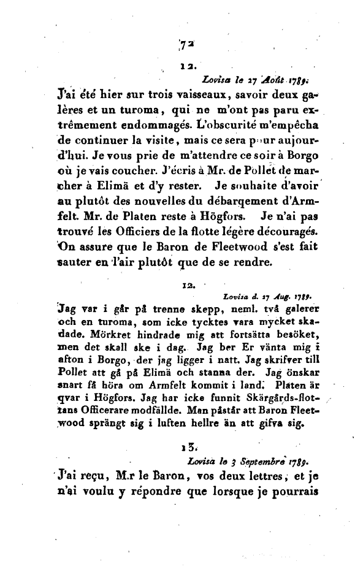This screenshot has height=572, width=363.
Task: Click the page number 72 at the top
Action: [183, 44]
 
